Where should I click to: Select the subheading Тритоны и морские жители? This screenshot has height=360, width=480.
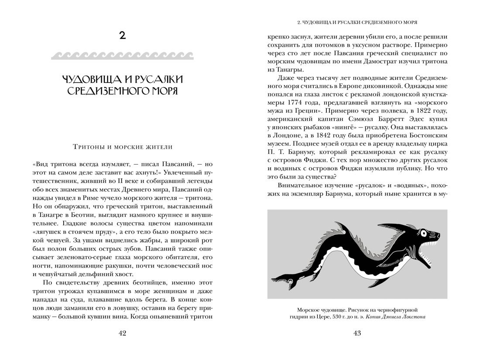coord(123,147)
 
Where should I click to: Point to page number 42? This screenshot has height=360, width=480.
coord(123,333)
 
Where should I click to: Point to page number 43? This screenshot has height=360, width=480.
coord(357,333)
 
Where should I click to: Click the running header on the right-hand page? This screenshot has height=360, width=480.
coord(357,21)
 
